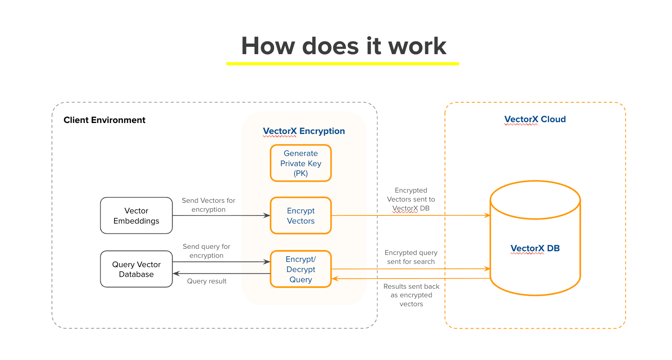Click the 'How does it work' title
(x=343, y=46)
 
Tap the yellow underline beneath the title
(x=343, y=64)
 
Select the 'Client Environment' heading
(x=104, y=120)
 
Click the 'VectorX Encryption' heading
(x=304, y=131)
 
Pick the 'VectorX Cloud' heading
(x=535, y=119)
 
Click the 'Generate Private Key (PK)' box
(x=301, y=163)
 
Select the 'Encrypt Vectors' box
(x=301, y=216)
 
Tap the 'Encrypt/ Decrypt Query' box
(x=301, y=269)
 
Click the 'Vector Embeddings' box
(x=136, y=216)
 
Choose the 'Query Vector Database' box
(x=136, y=269)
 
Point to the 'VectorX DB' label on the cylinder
(x=535, y=248)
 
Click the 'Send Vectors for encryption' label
(x=209, y=205)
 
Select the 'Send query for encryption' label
(x=206, y=251)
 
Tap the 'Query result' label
(x=206, y=281)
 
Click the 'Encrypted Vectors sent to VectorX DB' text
(x=411, y=199)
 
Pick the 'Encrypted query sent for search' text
(x=411, y=257)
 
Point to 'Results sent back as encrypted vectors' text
(x=411, y=295)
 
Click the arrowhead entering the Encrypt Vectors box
(x=267, y=215)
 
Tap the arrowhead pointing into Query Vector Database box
(x=176, y=274)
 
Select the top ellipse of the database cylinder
(x=535, y=200)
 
